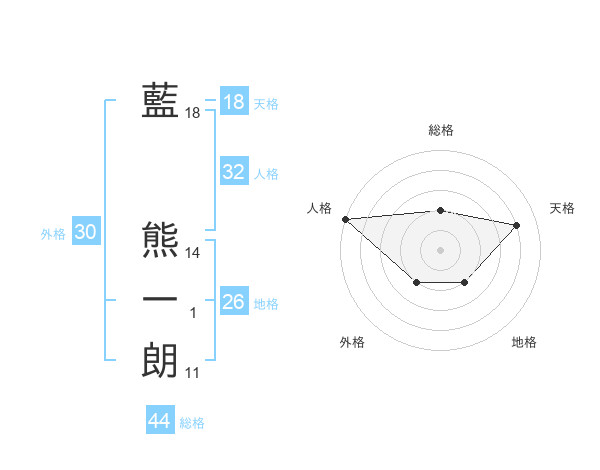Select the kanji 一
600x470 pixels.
coord(160,301)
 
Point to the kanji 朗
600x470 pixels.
coord(160,361)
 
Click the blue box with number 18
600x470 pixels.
coord(233,103)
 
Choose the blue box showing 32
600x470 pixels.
coord(233,172)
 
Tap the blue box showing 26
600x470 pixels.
coord(233,302)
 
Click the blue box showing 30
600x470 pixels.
coord(85,233)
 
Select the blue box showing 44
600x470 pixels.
coord(159,421)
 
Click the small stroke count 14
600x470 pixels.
coord(193,253)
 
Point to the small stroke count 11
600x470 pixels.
coord(193,373)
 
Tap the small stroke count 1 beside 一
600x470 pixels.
coord(193,313)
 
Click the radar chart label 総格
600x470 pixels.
coord(441,130)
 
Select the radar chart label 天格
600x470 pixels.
coord(562,208)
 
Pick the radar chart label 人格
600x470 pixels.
coord(319,208)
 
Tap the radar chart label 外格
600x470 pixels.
coord(352,342)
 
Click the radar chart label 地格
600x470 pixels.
coord(524,342)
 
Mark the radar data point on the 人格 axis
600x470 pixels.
coord(345,219)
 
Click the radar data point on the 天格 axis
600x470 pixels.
coord(517,225)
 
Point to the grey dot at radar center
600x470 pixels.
coord(440,249)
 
